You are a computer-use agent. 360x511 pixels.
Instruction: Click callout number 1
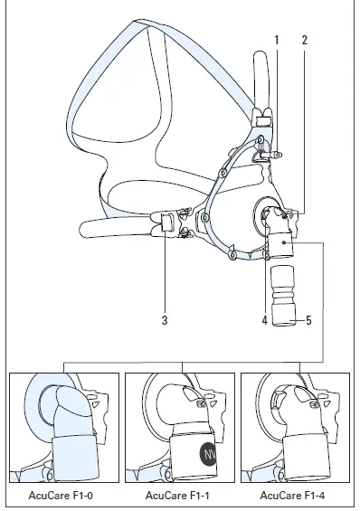pos(277,40)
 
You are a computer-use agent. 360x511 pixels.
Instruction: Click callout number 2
pos(304,40)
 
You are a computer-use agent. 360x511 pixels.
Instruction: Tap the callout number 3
pos(165,319)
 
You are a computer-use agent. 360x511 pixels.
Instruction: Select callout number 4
pos(265,319)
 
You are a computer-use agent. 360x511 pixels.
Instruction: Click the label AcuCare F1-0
pos(64,495)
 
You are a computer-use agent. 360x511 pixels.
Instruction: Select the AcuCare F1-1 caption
pos(181,495)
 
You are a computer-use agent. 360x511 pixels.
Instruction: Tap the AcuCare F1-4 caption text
pos(294,495)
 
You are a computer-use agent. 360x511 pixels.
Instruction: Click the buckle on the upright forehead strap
pos(263,120)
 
